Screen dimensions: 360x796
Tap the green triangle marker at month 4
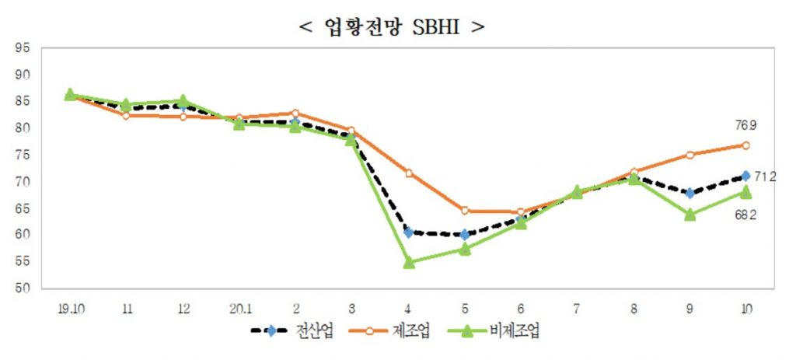(x=409, y=263)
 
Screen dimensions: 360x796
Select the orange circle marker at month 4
(x=409, y=173)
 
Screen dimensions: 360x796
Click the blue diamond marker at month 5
(x=465, y=234)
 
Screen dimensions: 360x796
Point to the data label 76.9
(x=744, y=125)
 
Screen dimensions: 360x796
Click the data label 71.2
(x=766, y=177)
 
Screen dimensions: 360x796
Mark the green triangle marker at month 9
(x=690, y=215)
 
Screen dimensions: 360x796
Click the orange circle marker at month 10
(x=745, y=145)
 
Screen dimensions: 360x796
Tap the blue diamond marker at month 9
(x=690, y=193)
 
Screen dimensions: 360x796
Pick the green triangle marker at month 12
(x=183, y=100)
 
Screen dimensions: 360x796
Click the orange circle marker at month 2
(x=295, y=113)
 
